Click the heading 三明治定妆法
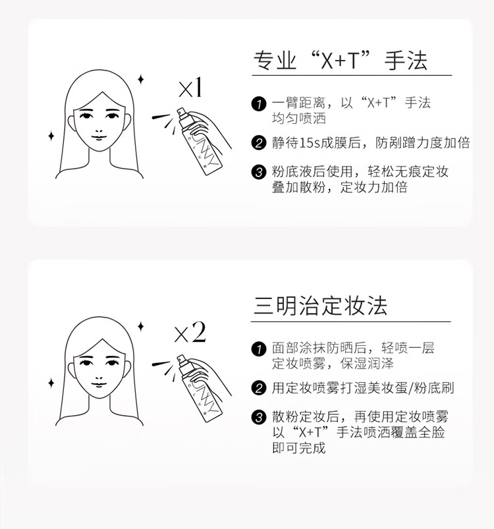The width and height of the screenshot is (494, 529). click(320, 305)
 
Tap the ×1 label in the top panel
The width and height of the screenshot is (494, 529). click(190, 88)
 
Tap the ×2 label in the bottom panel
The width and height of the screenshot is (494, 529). click(190, 333)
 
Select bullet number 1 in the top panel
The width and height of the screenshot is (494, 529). click(259, 104)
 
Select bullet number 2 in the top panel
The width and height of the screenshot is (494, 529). click(259, 143)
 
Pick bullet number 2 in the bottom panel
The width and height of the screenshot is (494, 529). click(259, 388)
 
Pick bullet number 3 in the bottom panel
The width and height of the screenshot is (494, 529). click(259, 417)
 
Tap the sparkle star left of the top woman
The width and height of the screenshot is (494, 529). click(51, 136)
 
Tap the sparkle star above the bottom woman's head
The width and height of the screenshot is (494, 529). click(140, 325)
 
